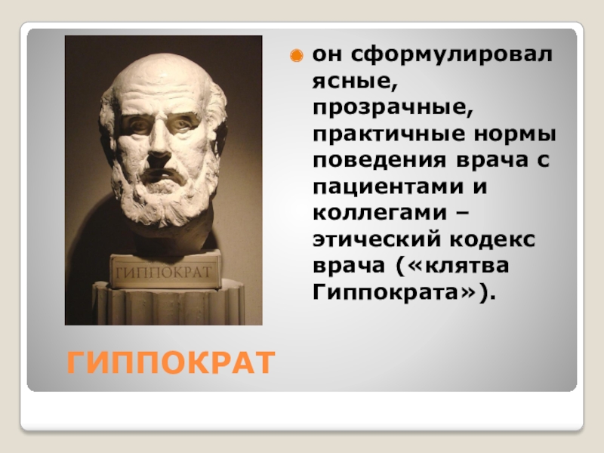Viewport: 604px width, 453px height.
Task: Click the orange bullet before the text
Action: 297,56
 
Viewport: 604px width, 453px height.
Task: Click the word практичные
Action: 381,135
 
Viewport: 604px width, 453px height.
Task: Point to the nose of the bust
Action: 160,148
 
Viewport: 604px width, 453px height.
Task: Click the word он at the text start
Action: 326,55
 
